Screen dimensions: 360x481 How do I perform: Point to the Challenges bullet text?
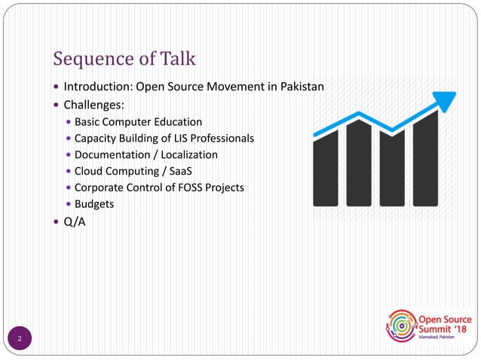(94, 104)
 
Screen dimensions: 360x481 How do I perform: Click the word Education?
(176, 121)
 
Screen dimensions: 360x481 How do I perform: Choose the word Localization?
(190, 154)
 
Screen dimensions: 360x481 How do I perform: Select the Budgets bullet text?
(93, 204)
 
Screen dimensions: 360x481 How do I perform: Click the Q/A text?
(75, 221)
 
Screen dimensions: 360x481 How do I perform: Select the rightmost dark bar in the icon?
(426, 160)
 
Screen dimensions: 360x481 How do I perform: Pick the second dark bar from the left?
(359, 163)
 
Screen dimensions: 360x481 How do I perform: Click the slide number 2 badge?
(20, 338)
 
